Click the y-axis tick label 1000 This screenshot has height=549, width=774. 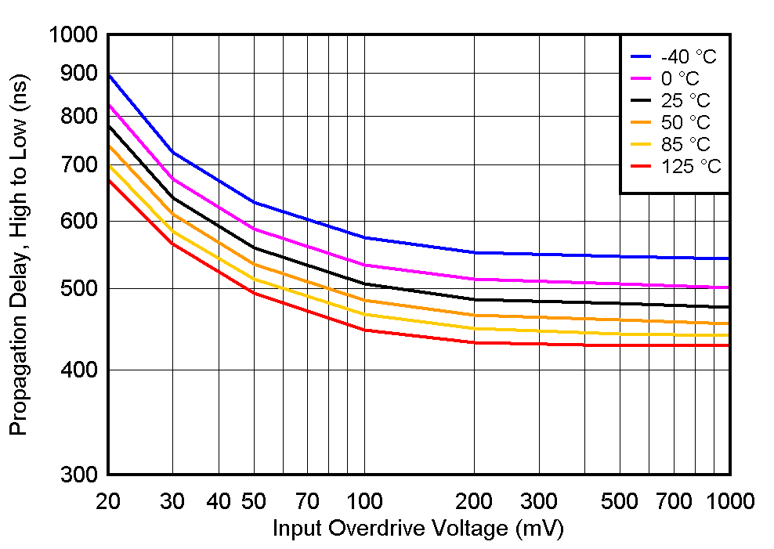pyautogui.click(x=72, y=35)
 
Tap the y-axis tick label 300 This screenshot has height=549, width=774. pyautogui.click(x=78, y=475)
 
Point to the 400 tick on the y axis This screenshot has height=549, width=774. pyautogui.click(x=78, y=370)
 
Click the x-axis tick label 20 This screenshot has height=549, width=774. pyautogui.click(x=107, y=501)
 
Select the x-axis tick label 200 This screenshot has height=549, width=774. pyautogui.click(x=474, y=501)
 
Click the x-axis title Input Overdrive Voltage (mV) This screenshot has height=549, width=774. pyautogui.click(x=418, y=529)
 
